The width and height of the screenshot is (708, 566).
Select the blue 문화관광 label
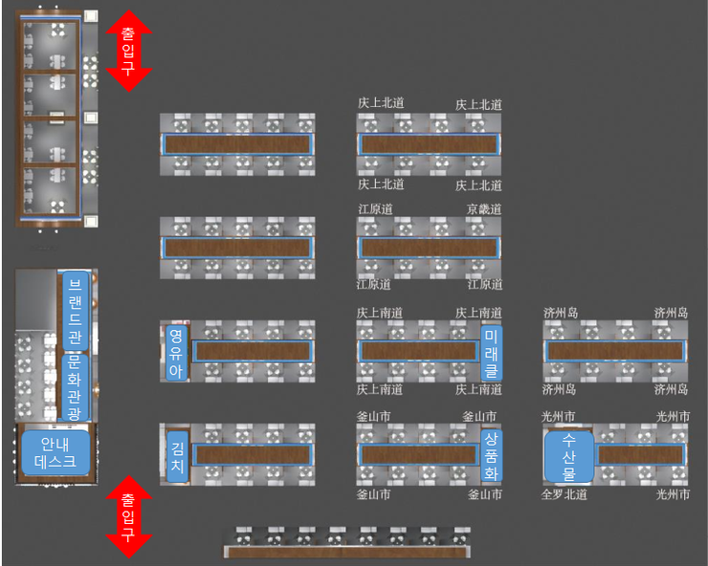(x=75, y=387)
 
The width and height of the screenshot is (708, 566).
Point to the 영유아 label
(x=175, y=352)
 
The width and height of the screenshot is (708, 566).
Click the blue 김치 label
(x=176, y=454)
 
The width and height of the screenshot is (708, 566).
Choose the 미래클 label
(x=491, y=351)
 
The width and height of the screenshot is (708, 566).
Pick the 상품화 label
(x=491, y=454)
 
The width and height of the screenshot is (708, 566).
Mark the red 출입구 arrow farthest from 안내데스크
(x=127, y=51)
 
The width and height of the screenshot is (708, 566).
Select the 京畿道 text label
(x=484, y=208)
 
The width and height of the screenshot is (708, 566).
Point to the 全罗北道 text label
(x=564, y=494)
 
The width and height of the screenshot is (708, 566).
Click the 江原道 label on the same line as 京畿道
(x=375, y=208)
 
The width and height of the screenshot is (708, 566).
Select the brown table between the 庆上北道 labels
(x=429, y=144)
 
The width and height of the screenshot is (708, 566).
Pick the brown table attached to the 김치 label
(x=253, y=454)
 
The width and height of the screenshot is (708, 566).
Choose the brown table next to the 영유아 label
(x=254, y=352)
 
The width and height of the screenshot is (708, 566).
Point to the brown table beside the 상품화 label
(x=419, y=454)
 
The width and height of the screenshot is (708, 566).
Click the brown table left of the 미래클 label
(x=419, y=351)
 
